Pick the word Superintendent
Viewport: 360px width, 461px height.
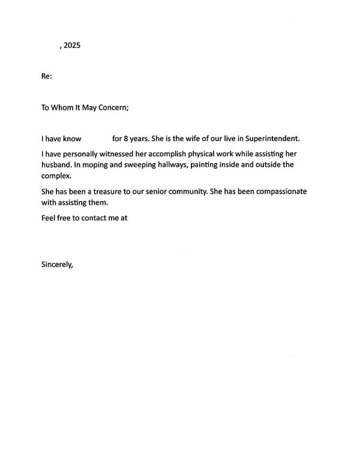point(268,139)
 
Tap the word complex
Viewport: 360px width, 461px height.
point(55,176)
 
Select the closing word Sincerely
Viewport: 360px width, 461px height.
point(56,264)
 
